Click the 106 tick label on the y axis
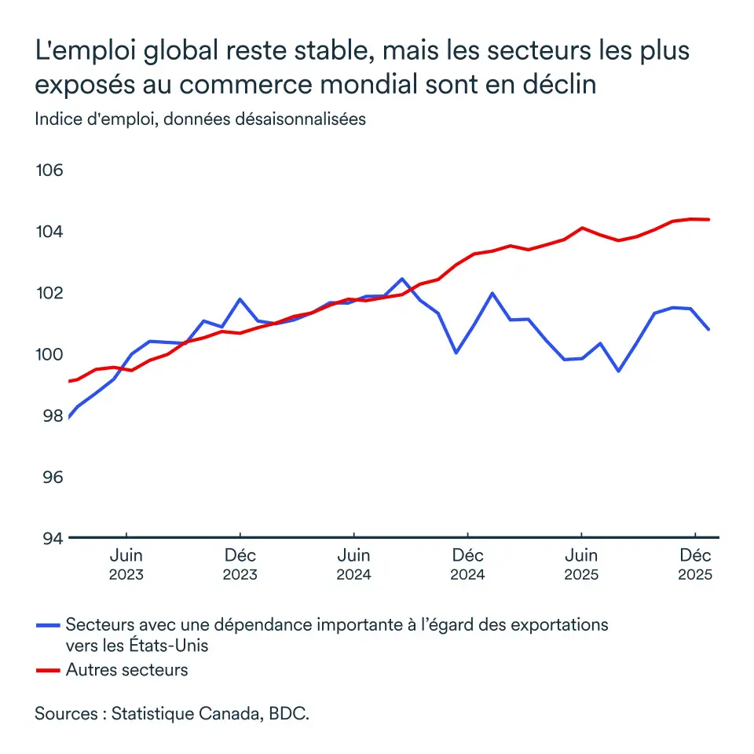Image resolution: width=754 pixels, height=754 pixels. coord(49,170)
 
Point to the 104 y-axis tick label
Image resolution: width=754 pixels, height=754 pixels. coord(49,232)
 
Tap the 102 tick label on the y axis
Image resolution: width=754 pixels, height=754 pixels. coord(49,293)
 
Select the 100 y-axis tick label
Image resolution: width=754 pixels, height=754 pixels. coord(49,354)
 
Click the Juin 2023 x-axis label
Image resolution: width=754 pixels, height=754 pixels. coord(126,565)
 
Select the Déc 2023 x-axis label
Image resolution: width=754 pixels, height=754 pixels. coord(240,565)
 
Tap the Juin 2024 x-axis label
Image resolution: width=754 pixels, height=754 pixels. coord(353,565)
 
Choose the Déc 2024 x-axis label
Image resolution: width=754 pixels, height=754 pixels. coord(467,565)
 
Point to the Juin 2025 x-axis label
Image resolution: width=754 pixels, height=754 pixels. coord(581,565)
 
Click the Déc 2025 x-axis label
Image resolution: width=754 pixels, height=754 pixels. coord(695,565)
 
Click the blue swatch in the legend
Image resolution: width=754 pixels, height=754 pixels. coord(48,626)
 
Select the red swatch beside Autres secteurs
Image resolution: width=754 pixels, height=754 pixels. coord(48,670)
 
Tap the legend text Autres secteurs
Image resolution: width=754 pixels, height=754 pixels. coord(127,670)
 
